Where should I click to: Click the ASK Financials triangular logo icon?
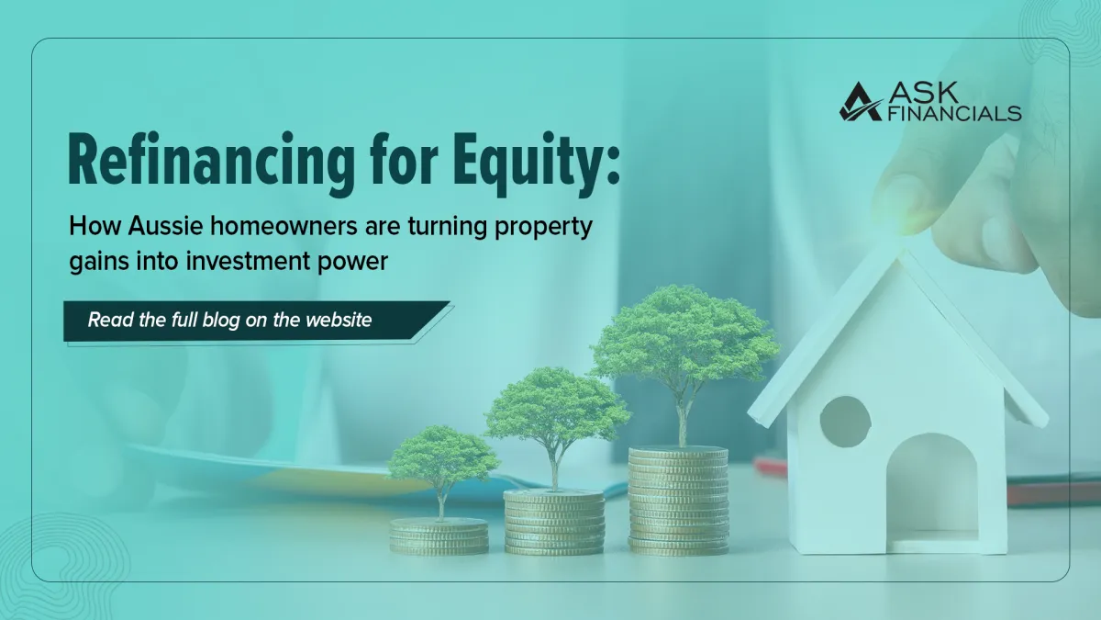click(860, 102)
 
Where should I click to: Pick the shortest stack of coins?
click(439, 535)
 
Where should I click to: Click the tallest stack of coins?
click(678, 501)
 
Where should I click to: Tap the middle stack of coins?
click(554, 522)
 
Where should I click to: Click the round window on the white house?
click(845, 422)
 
